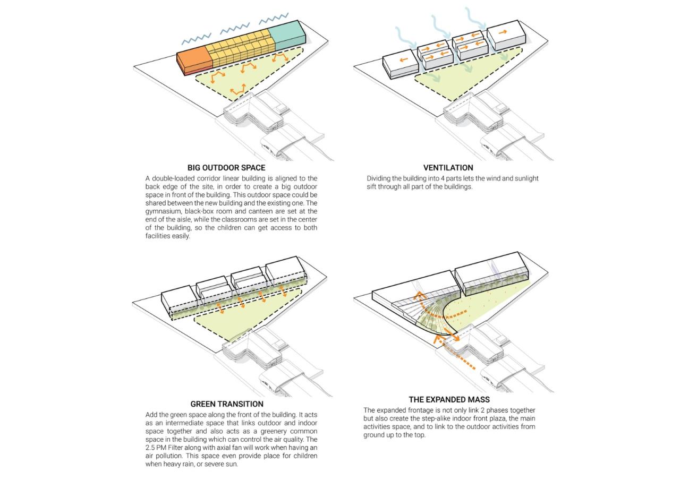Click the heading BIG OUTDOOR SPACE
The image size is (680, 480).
(226, 168)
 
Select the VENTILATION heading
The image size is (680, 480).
(448, 168)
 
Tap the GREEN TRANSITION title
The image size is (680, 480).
(227, 404)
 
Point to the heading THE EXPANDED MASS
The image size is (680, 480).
(449, 399)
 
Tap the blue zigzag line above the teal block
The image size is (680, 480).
(274, 19)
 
